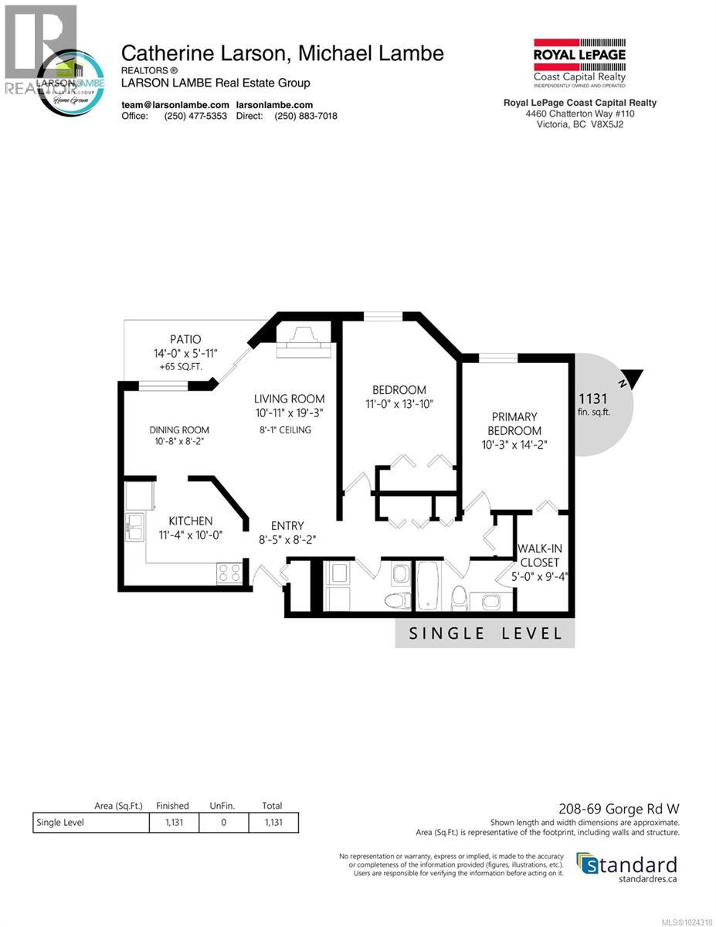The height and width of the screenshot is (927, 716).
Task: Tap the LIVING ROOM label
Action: [x=290, y=399]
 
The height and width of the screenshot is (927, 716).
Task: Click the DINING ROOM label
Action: [x=179, y=430]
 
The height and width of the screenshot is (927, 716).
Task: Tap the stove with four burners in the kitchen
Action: [x=229, y=572]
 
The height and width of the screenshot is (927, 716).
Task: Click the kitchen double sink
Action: [x=135, y=529]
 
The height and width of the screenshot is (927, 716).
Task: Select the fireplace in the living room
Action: [x=304, y=343]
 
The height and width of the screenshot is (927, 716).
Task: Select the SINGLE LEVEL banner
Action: [x=485, y=633]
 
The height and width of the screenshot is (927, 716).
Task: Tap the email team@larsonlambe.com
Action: [x=175, y=104]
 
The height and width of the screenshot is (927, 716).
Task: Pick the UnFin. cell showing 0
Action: [x=223, y=822]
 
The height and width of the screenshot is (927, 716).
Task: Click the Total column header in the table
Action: [x=273, y=805]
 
